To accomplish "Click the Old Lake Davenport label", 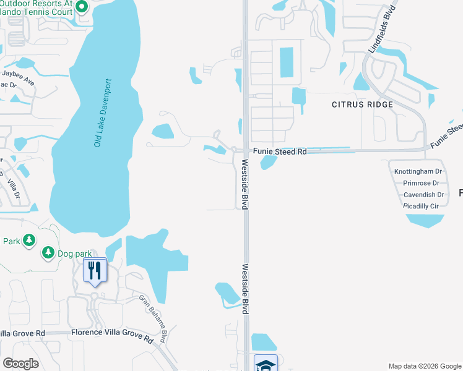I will (x=103, y=113).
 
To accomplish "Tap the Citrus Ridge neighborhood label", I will (x=362, y=104).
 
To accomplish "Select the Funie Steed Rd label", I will (x=279, y=151).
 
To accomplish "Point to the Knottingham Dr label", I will (x=418, y=171).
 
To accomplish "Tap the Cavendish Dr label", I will (x=420, y=194).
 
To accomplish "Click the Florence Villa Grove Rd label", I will (x=111, y=339).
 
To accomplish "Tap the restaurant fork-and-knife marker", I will (x=95, y=270).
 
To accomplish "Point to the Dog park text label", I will (x=74, y=252).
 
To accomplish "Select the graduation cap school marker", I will (x=265, y=364).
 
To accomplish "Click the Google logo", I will (x=21, y=364).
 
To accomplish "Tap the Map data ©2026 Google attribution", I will (x=424, y=366).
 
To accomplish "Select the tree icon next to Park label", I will (x=28, y=240).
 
